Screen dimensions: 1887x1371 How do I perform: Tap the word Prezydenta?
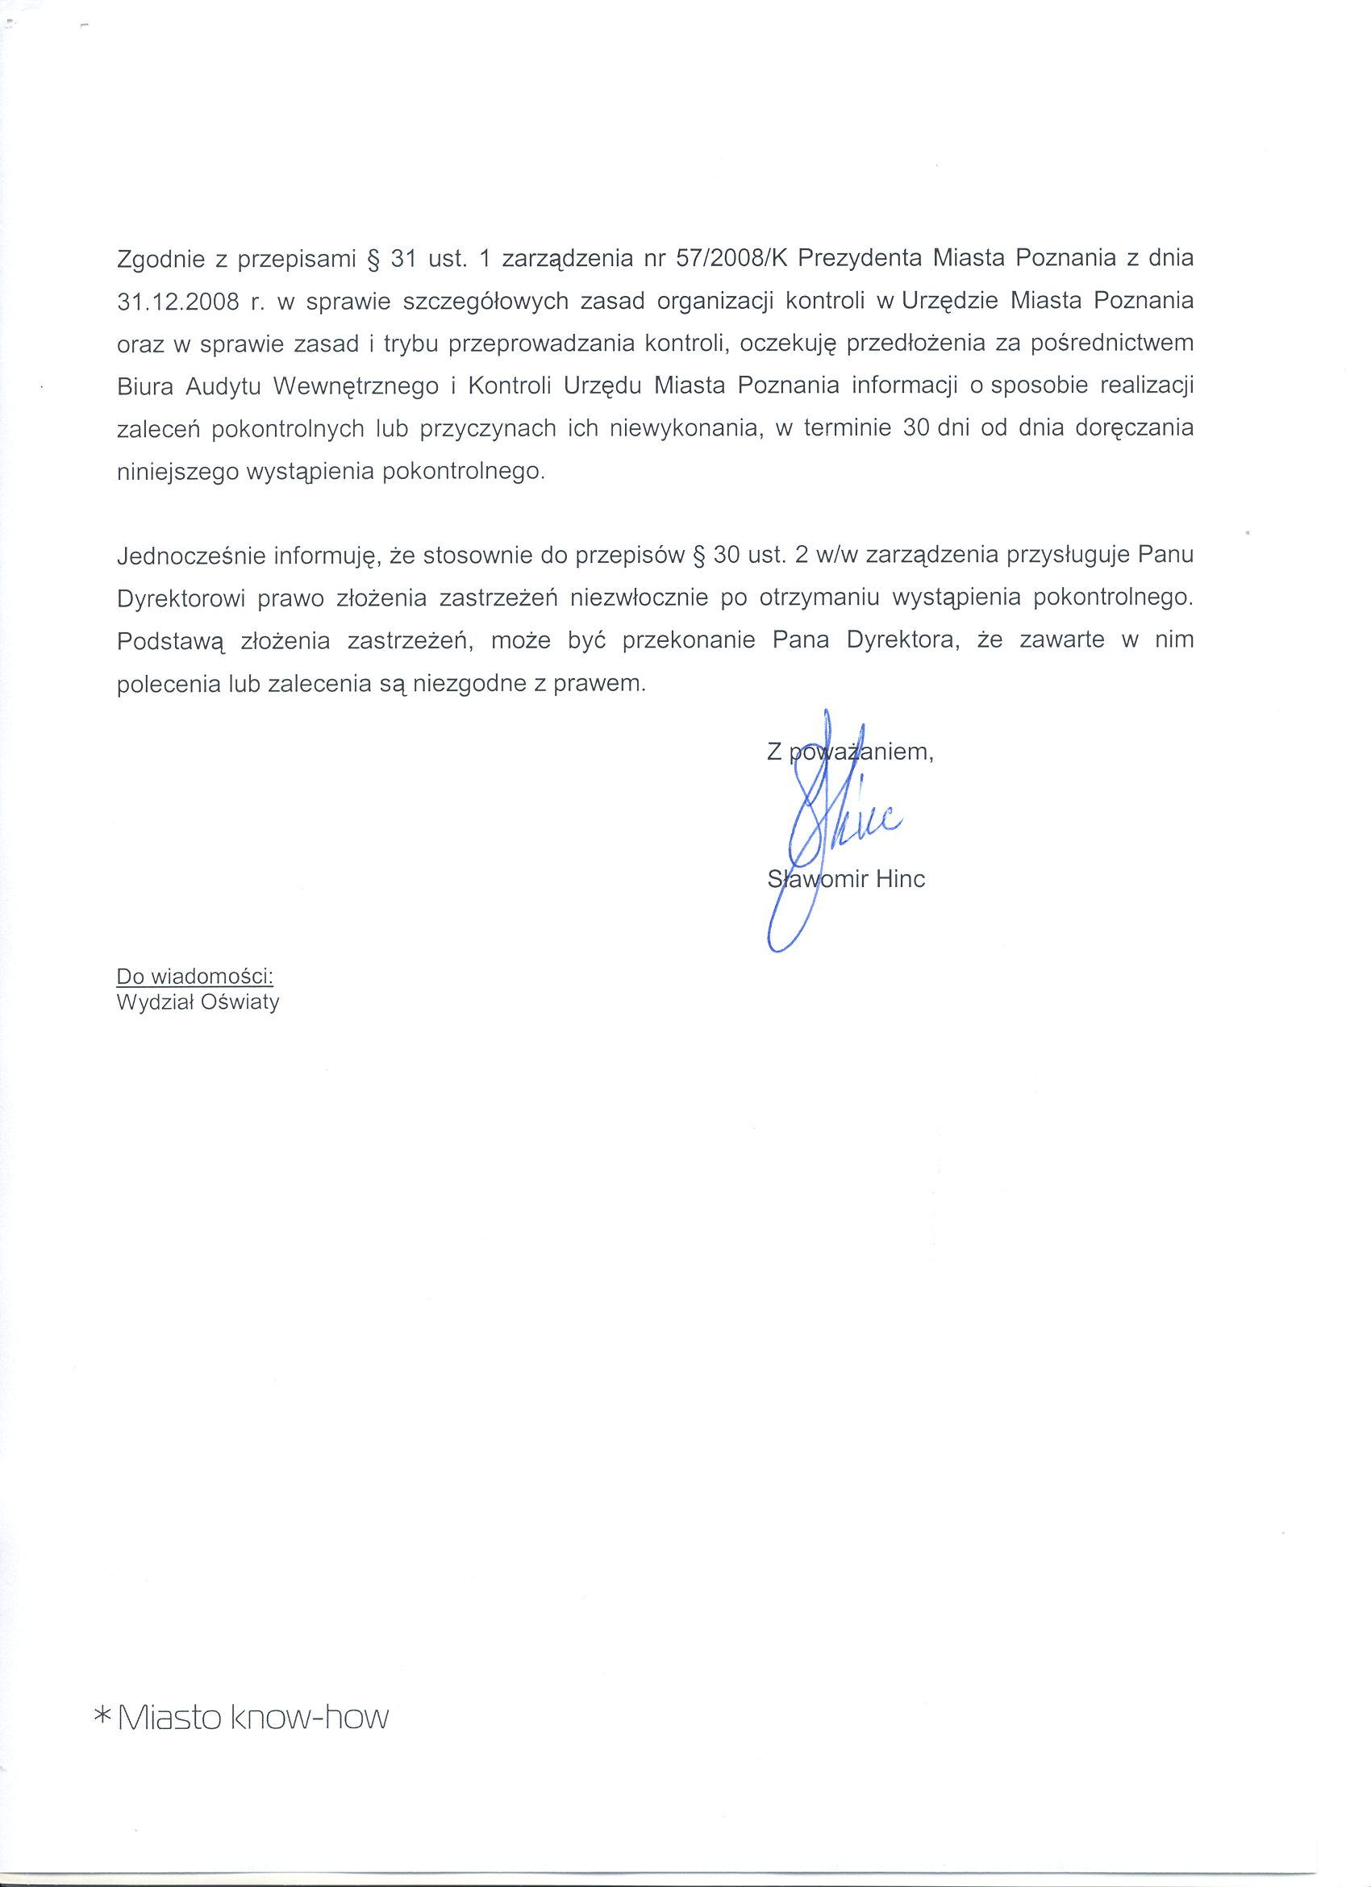click(x=860, y=259)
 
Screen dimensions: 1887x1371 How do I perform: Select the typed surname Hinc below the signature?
click(x=900, y=880)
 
